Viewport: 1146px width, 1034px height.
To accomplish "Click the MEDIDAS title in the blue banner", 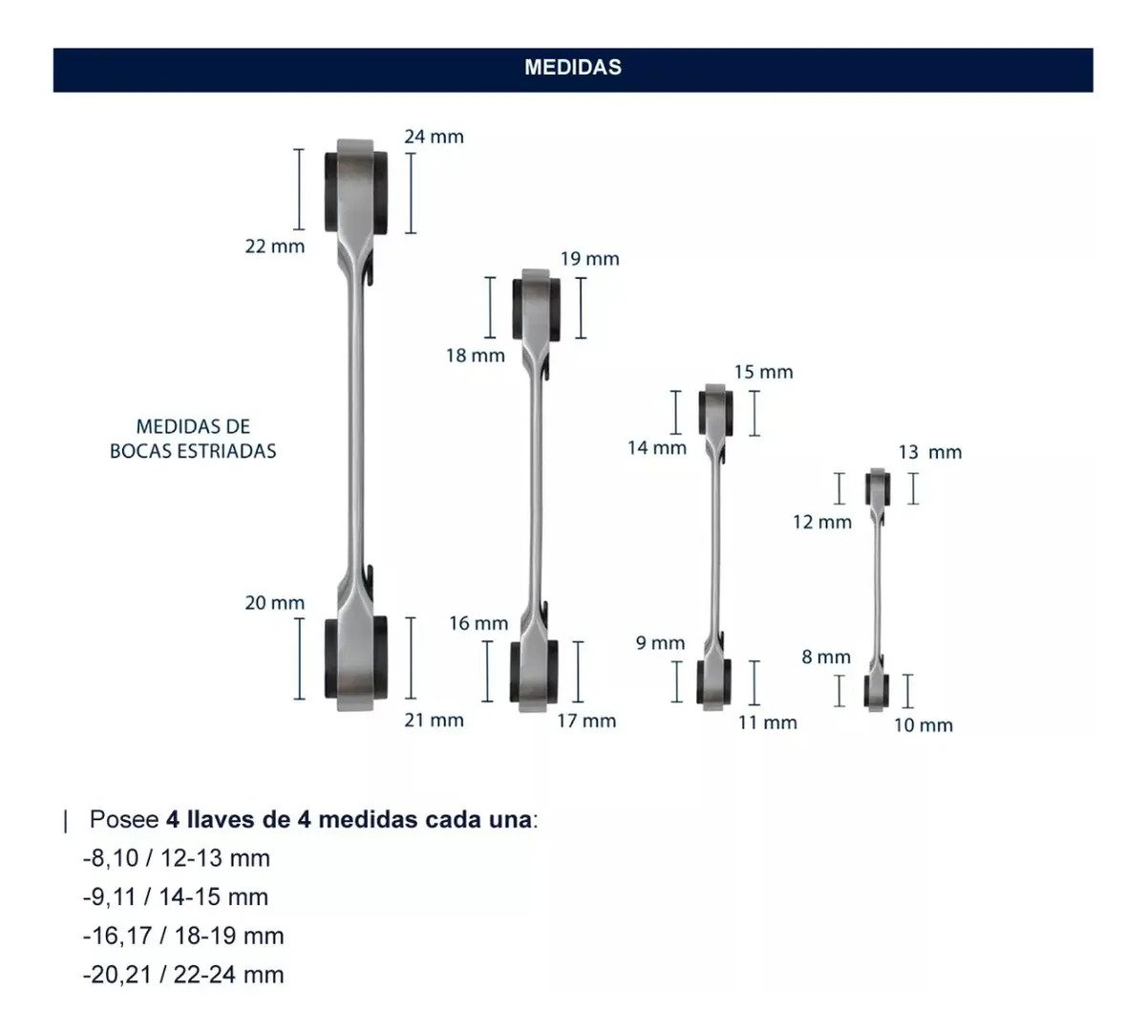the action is point(572,68).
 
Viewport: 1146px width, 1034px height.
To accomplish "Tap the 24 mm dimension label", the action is point(435,137).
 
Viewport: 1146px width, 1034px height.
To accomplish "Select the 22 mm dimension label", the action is point(275,247).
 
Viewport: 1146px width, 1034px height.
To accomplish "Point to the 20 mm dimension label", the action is point(275,603).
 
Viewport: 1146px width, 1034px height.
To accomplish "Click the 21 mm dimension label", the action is point(435,720).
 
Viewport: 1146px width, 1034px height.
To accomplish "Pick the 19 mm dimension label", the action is point(589,259).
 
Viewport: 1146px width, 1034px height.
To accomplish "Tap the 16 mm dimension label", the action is point(478,623).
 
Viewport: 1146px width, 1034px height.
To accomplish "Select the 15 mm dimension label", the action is point(763,373).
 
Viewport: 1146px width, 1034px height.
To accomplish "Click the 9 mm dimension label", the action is point(661,643).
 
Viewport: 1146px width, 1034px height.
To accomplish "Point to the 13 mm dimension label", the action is point(930,452).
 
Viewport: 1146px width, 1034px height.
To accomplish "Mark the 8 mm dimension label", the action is point(826,657).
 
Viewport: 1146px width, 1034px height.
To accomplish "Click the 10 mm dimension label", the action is point(923,725).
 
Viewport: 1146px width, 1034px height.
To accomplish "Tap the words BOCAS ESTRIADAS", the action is point(193,451).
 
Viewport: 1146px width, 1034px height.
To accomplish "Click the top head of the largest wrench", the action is point(356,191).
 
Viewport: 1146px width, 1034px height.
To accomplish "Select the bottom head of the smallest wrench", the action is point(877,692).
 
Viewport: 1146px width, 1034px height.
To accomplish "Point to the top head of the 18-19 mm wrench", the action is point(536,309).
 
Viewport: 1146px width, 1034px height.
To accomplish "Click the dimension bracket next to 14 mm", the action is point(676,412).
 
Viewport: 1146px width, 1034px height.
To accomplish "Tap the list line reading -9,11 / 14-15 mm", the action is point(176,897).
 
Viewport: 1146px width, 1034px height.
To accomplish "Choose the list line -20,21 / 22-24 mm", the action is point(183,975).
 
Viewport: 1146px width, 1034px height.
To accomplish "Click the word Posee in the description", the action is point(124,820).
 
